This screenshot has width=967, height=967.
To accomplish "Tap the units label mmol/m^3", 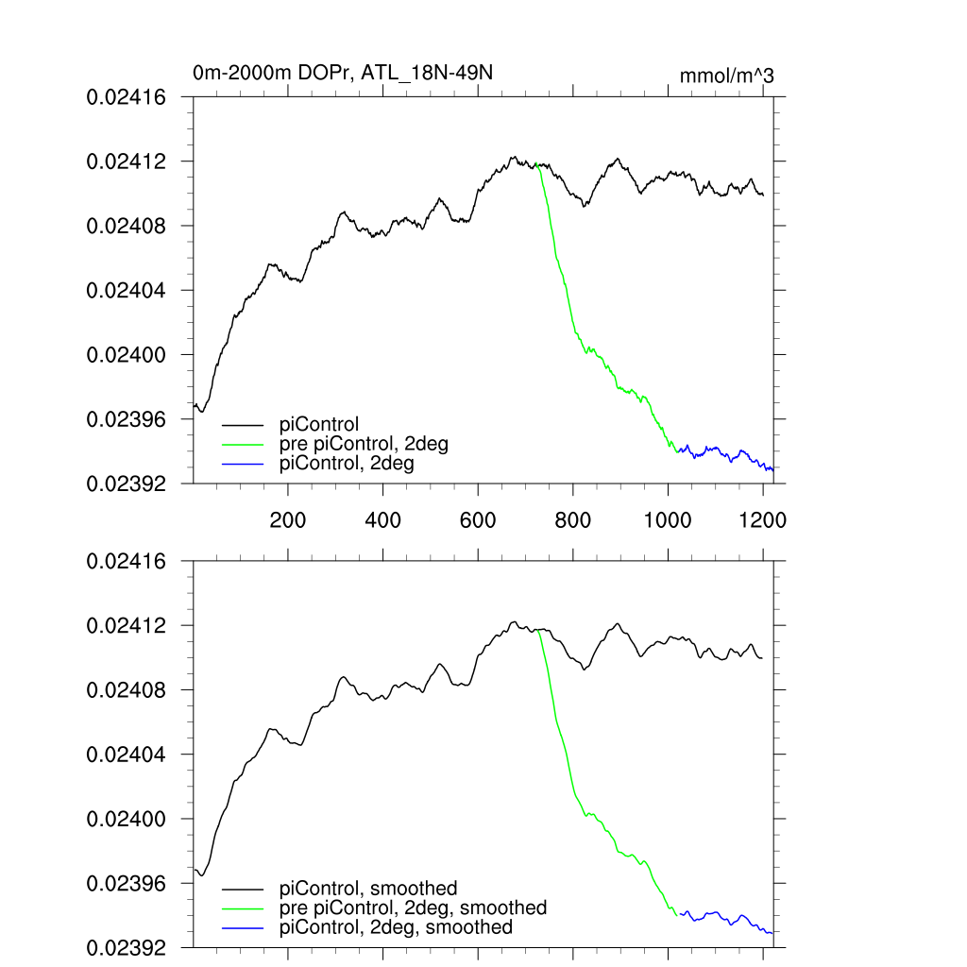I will pos(727,76).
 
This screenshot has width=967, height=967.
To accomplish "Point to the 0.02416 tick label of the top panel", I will pos(127,97).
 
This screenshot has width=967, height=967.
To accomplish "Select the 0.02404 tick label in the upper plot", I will pos(127,291).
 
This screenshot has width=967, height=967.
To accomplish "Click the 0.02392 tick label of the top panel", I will pos(127,483).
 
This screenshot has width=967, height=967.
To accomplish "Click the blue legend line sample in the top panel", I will pos(243,465).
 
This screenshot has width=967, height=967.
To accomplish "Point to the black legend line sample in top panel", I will pos(243,425).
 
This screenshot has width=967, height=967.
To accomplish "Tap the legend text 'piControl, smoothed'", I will pos(369,888).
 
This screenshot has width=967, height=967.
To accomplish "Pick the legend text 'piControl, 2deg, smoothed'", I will pos(397,927).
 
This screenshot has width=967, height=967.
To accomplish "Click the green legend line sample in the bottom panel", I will pos(243,908).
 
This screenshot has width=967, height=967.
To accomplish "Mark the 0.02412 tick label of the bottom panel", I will pos(127,626).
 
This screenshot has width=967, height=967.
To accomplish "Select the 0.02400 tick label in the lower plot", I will pos(127,819).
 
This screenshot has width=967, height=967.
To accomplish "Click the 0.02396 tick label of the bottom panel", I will pos(127,884).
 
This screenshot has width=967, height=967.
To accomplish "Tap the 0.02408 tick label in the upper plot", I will pos(127,227).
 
